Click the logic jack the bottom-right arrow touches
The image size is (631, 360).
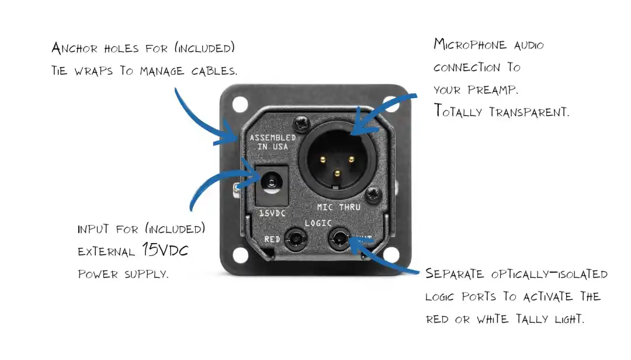(339, 238)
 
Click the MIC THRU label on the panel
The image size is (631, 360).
(338, 207)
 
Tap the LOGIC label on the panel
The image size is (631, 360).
(318, 223)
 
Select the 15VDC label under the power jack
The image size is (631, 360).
(272, 214)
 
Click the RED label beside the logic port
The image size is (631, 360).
(273, 239)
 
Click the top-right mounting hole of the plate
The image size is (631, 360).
(390, 104)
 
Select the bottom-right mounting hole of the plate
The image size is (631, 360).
(390, 255)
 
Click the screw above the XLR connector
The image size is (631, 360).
(303, 124)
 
